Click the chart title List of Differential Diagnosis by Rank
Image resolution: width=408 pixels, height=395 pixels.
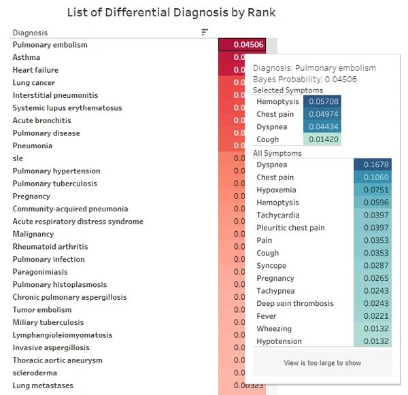171,12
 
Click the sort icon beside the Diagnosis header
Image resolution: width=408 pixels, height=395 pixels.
205,32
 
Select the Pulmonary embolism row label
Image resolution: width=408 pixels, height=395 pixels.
50,45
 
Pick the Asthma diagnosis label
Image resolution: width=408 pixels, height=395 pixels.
27,57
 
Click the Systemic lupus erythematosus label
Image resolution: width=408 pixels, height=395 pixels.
67,107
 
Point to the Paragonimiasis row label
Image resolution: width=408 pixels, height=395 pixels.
41,271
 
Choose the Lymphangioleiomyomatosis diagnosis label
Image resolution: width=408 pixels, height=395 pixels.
62,334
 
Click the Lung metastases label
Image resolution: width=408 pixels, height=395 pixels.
43,385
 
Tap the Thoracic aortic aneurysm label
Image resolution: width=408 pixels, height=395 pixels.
57,360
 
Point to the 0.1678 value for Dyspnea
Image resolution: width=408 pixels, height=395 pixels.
373,165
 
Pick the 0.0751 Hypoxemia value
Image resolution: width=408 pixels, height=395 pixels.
373,190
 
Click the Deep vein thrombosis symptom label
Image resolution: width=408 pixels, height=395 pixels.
295,303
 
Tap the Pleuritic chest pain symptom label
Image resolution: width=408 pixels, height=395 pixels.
290,228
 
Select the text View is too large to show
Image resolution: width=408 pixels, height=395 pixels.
322,363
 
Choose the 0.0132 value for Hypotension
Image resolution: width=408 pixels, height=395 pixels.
373,341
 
